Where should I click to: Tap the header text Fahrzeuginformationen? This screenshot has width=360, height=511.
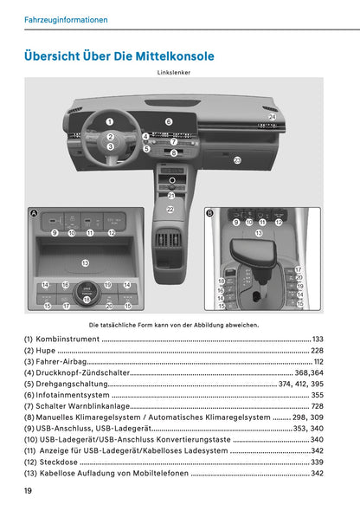pyautogui.click(x=67, y=19)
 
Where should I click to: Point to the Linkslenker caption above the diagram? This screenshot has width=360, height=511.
pyautogui.click(x=174, y=73)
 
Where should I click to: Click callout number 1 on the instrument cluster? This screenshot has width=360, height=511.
pyautogui.click(x=110, y=123)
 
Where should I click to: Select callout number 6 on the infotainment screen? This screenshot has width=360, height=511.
pyautogui.click(x=169, y=122)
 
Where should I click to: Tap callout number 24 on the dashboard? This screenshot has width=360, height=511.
pyautogui.click(x=272, y=116)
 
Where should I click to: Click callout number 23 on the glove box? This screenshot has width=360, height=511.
pyautogui.click(x=237, y=160)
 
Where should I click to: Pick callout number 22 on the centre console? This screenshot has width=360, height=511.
pyautogui.click(x=170, y=210)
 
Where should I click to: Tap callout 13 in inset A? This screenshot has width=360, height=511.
pyautogui.click(x=85, y=262)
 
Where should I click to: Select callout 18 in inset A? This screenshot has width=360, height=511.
pyautogui.click(x=87, y=299)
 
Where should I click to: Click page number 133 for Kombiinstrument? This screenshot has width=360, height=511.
pyautogui.click(x=318, y=339)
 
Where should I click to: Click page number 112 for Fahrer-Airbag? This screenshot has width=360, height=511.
pyautogui.click(x=318, y=361)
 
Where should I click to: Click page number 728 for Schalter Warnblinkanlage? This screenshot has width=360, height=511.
pyautogui.click(x=317, y=406)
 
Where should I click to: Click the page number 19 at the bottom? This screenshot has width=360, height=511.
pyautogui.click(x=29, y=490)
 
